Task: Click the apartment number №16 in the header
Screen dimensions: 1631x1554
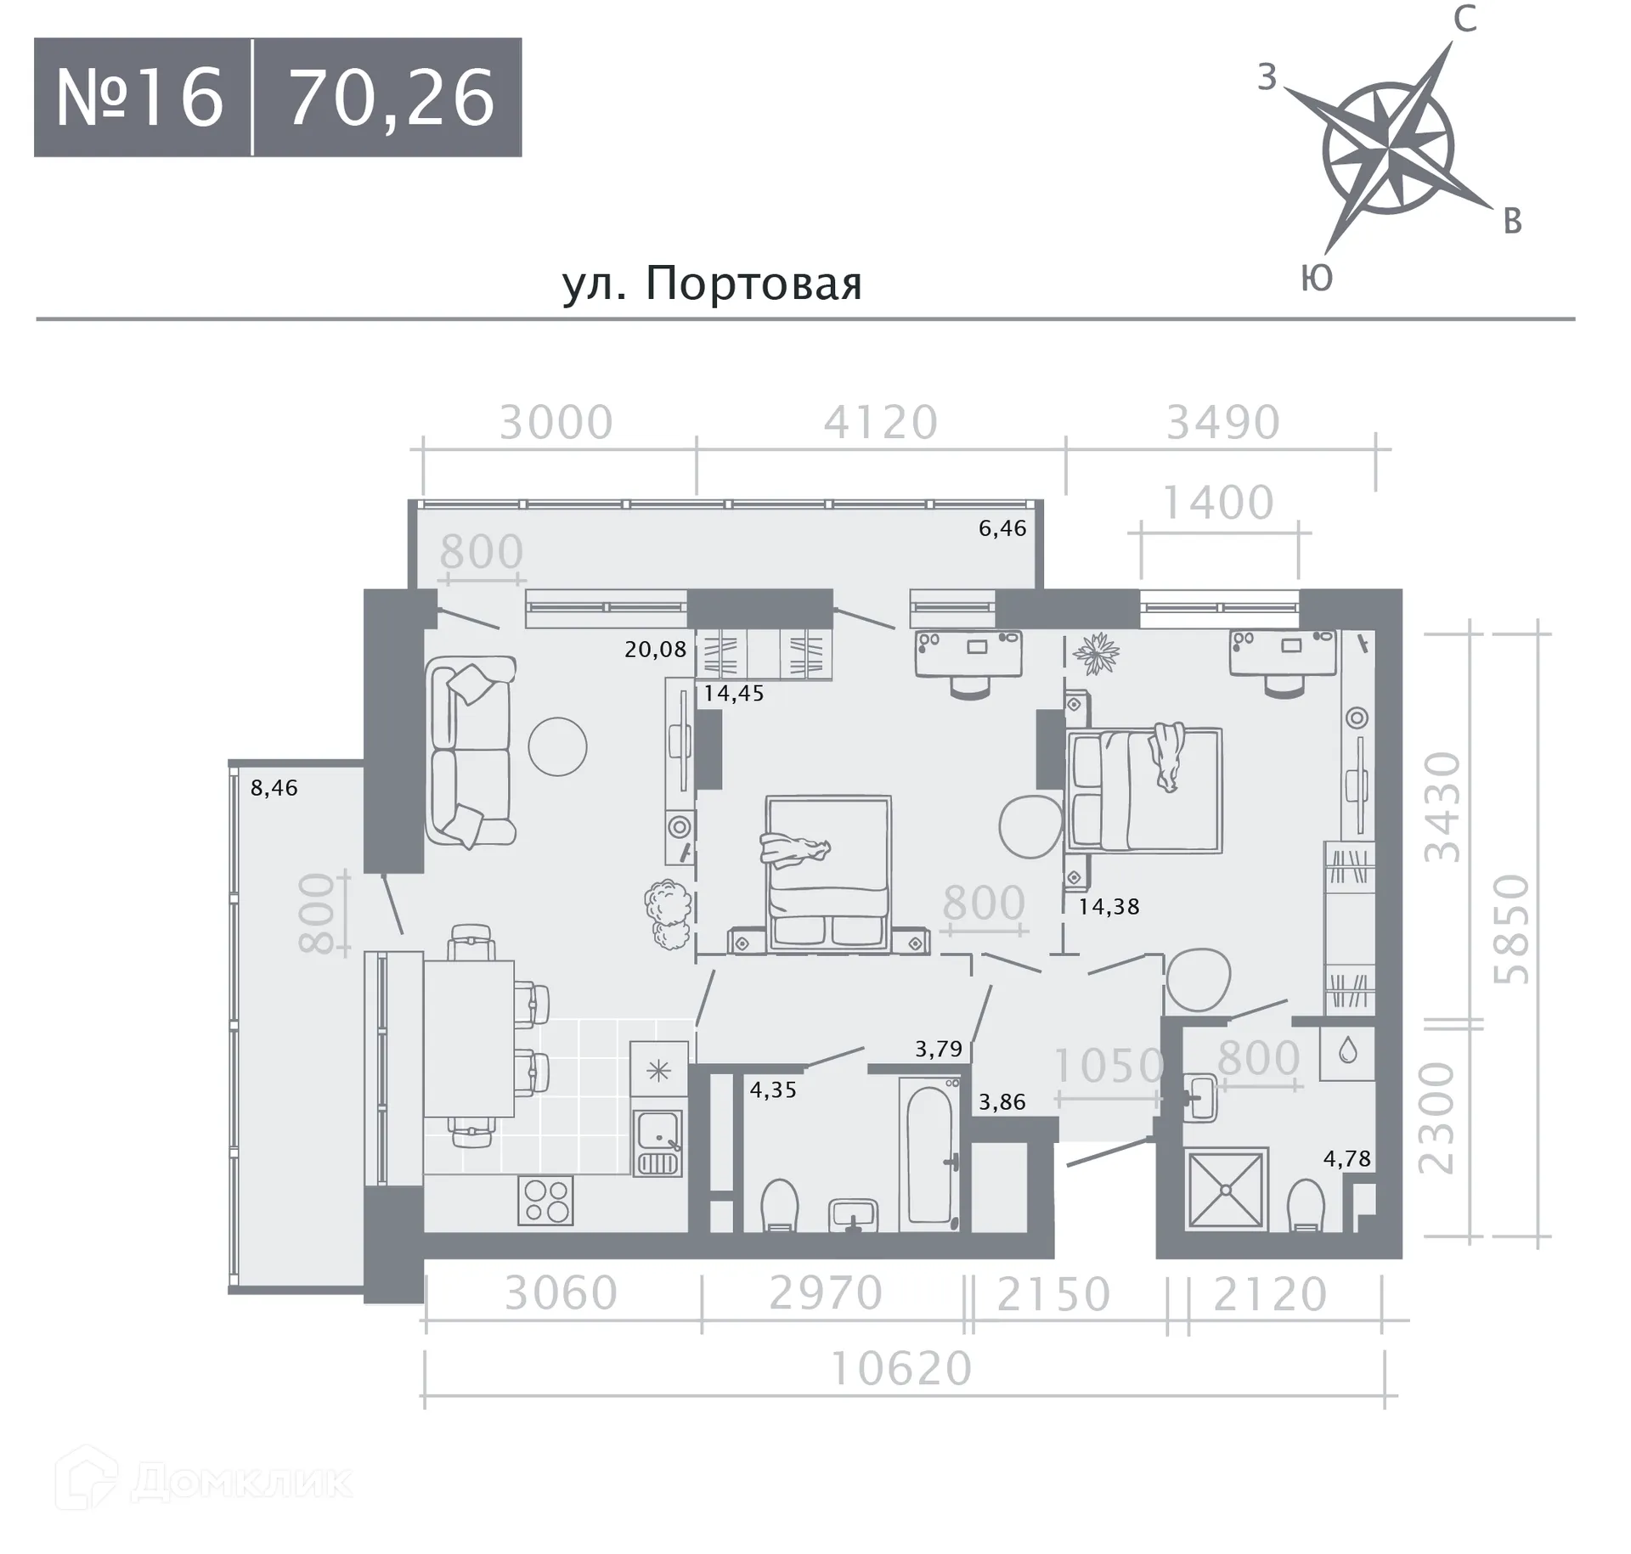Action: point(140,99)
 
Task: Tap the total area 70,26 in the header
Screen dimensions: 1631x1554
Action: point(392,99)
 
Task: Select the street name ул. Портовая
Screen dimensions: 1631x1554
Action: point(712,284)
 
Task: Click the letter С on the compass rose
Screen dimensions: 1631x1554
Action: point(1465,19)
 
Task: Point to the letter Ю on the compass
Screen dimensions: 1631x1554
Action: point(1317,278)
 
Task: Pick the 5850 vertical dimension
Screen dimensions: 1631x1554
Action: point(1513,930)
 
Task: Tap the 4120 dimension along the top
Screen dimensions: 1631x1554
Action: point(881,422)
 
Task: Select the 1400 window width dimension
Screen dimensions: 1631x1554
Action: point(1217,503)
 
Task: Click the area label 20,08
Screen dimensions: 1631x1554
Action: point(655,650)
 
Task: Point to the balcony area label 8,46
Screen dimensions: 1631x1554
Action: point(274,788)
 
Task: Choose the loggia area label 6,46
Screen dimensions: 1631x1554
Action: point(1002,528)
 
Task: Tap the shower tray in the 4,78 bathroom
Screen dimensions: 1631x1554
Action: point(1226,1190)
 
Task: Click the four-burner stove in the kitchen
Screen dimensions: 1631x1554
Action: point(546,1201)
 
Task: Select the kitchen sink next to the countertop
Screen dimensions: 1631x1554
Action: point(657,1143)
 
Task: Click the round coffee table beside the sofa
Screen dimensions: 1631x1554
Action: point(557,746)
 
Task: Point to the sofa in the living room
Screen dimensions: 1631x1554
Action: point(471,751)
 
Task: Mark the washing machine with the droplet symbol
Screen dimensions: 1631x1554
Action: point(1347,1053)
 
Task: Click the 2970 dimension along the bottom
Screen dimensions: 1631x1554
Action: point(826,1293)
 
